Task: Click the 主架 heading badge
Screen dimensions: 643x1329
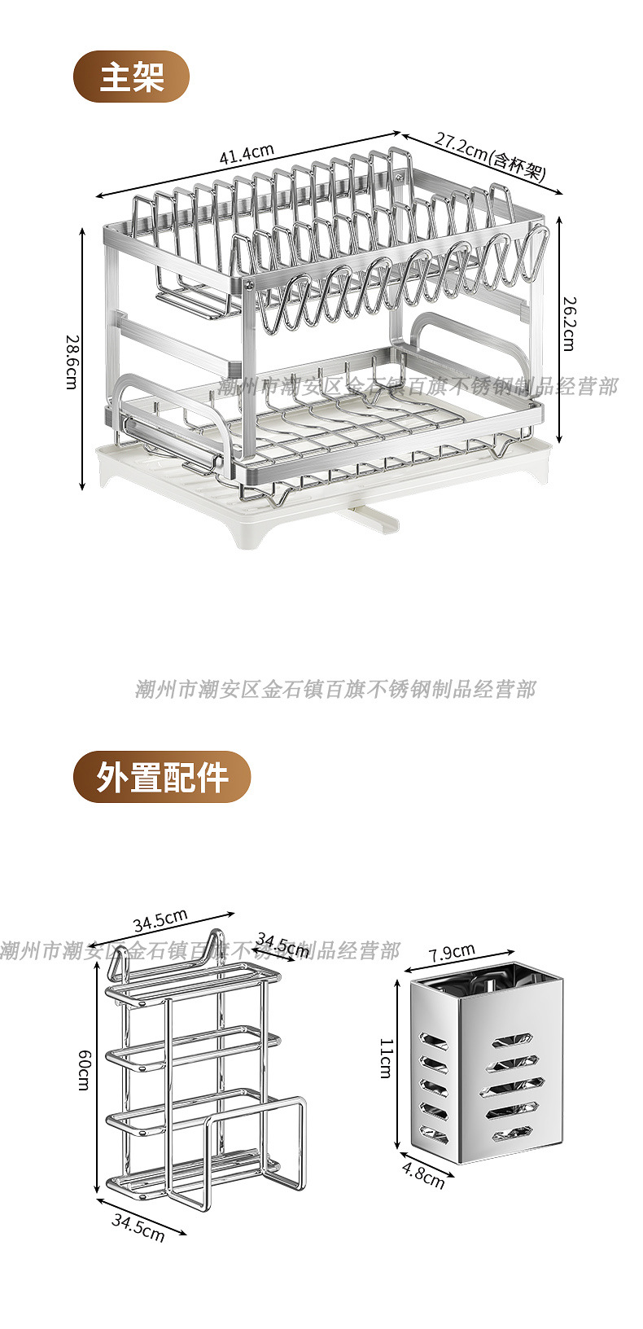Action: pyautogui.click(x=132, y=77)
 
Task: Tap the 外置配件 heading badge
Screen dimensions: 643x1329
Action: pyautogui.click(x=162, y=777)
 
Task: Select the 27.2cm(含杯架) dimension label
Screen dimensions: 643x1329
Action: pyautogui.click(x=488, y=156)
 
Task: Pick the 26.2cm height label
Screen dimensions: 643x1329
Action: pyautogui.click(x=568, y=323)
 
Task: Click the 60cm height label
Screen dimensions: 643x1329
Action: pyautogui.click(x=84, y=1070)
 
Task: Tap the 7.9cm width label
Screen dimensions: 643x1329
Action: pyautogui.click(x=452, y=952)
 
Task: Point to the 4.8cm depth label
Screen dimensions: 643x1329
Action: pyautogui.click(x=423, y=1176)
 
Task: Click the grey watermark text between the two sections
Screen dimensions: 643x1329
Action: pyautogui.click(x=335, y=690)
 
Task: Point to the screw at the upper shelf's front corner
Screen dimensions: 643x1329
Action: pyautogui.click(x=247, y=284)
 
